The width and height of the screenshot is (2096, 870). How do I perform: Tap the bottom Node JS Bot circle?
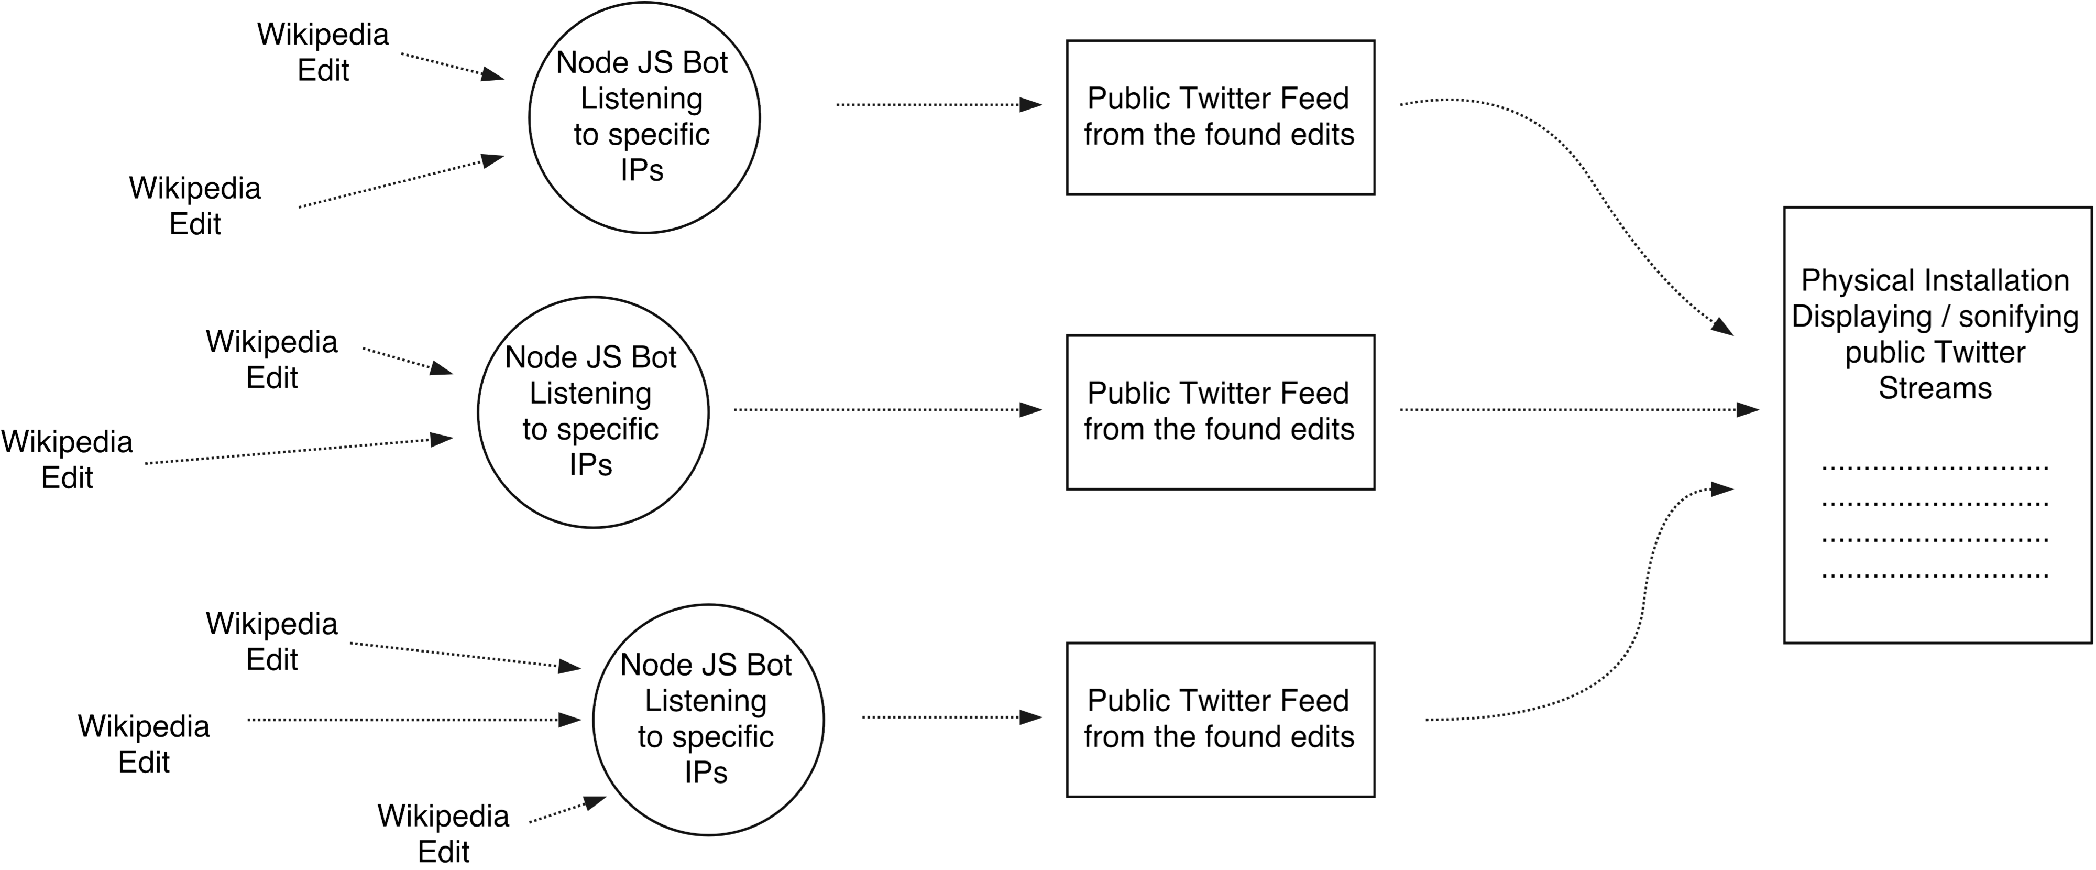[x=707, y=720]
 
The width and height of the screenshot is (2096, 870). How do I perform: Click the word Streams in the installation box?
[x=1934, y=388]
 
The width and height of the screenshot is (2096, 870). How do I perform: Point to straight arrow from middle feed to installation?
[x=1571, y=409]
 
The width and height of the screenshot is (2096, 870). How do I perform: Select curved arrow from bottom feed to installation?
[x=1636, y=635]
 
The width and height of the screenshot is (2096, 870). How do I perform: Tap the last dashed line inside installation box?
[x=1934, y=576]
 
